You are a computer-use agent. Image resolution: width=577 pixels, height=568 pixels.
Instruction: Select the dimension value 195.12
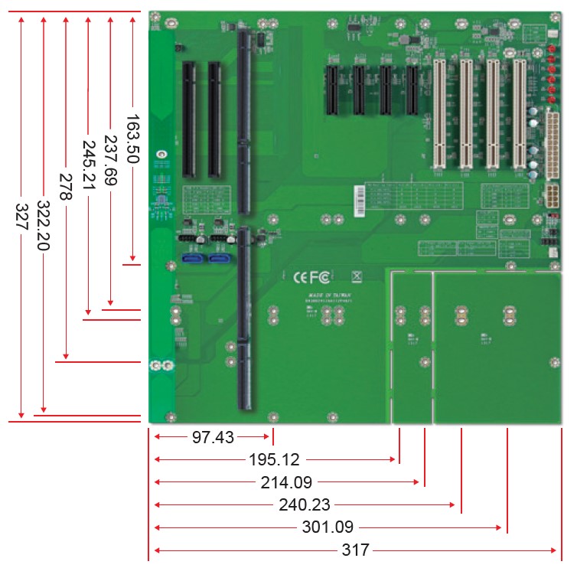click(275, 460)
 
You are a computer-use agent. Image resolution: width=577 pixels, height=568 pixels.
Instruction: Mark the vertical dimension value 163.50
click(132, 139)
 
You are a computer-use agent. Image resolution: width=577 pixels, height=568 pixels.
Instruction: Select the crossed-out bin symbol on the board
click(355, 276)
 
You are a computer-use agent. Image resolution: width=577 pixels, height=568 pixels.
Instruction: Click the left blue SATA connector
click(193, 258)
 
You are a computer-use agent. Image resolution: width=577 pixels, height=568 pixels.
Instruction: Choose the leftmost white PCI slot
click(439, 113)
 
